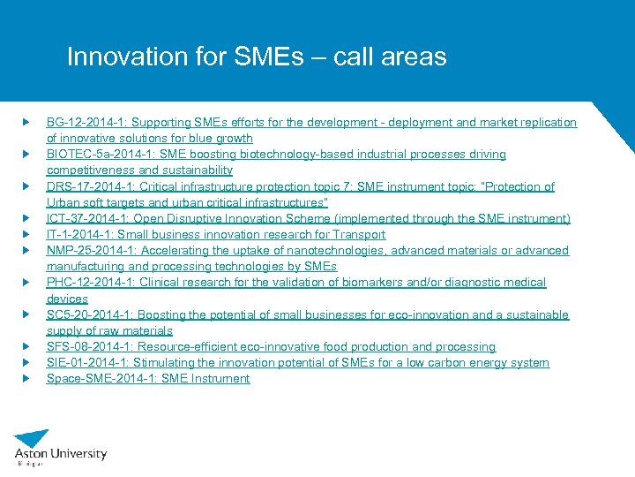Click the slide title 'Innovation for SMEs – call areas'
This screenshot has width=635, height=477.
[x=257, y=57]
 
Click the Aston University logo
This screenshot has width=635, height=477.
[x=60, y=446]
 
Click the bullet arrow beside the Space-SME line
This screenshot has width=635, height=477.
[x=27, y=378]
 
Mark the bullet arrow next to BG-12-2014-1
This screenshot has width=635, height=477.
[x=27, y=122]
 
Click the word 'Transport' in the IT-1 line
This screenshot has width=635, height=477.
[x=356, y=234]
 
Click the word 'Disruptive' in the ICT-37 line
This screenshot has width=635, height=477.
[x=200, y=218]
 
